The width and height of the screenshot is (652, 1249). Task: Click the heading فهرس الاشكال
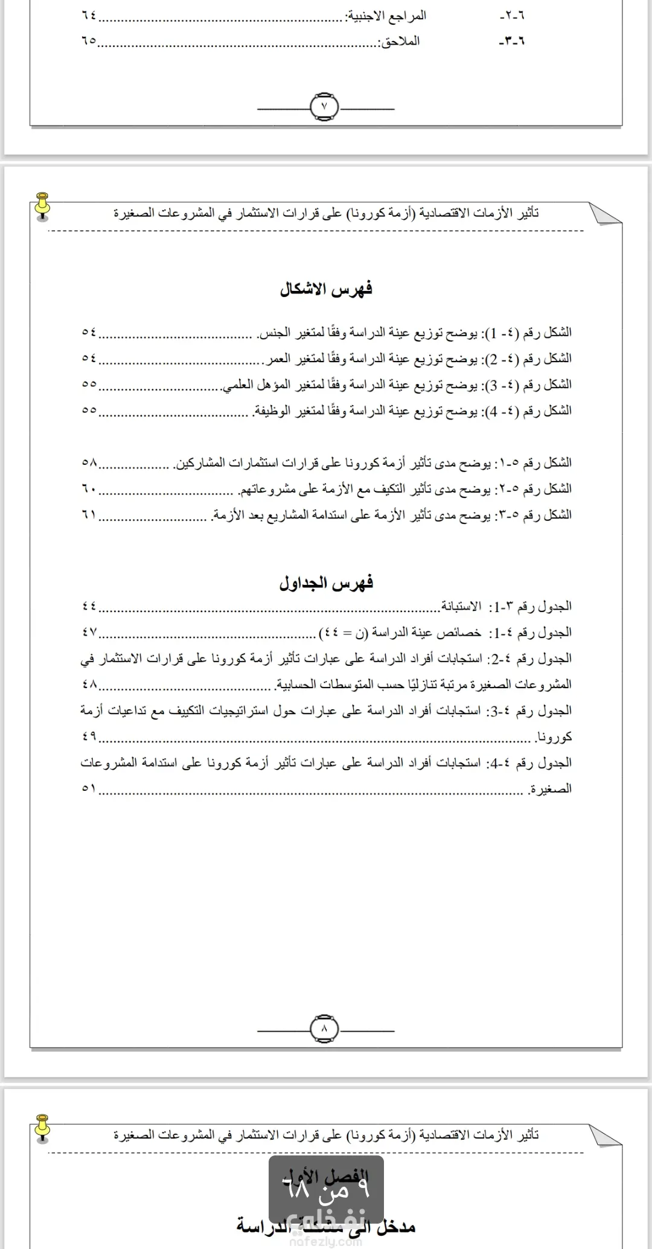click(x=326, y=289)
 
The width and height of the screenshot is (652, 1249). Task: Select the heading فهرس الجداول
click(x=326, y=583)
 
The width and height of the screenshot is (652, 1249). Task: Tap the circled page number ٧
click(x=325, y=106)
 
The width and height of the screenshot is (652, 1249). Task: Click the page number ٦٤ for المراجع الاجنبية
click(x=89, y=16)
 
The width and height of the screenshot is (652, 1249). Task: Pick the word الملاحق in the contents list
click(x=398, y=42)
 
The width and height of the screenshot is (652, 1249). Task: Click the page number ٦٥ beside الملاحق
click(x=89, y=42)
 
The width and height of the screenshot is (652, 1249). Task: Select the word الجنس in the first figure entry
click(x=272, y=333)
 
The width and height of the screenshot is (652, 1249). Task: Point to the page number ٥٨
click(x=89, y=463)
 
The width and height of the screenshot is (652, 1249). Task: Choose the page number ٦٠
click(x=89, y=489)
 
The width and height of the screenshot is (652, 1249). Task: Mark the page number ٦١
click(x=89, y=515)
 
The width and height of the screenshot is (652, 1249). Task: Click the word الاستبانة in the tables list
click(x=461, y=606)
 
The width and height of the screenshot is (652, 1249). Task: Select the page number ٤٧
click(x=89, y=633)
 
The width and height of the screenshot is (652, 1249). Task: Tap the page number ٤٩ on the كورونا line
click(x=89, y=737)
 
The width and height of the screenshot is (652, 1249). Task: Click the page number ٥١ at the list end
click(x=89, y=789)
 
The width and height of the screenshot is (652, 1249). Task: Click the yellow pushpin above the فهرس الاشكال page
click(x=42, y=205)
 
